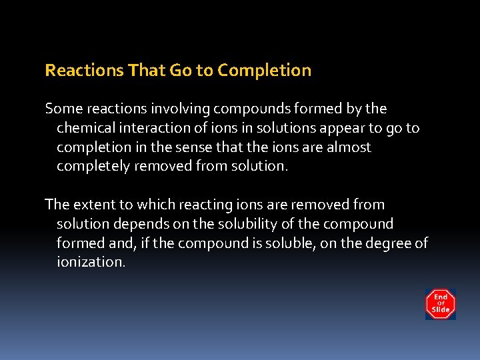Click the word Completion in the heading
[265, 71]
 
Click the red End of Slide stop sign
[441, 304]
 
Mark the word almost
[348, 147]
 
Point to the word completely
[93, 166]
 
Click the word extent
[93, 205]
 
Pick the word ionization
[91, 263]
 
